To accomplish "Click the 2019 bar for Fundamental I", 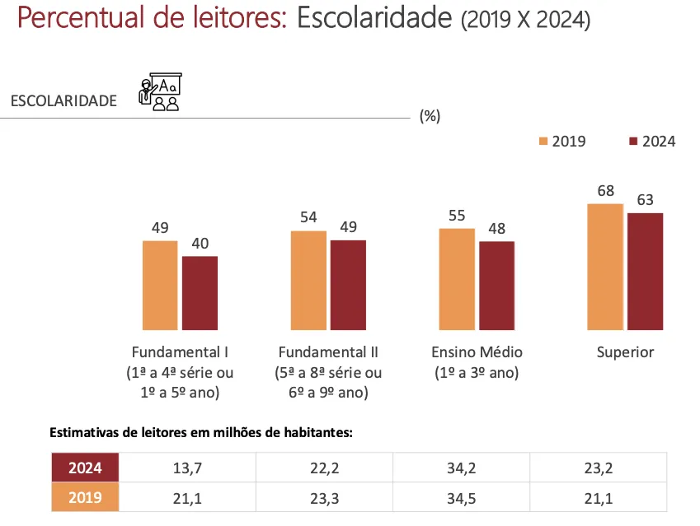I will [160, 285].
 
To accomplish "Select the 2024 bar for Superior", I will [645, 271].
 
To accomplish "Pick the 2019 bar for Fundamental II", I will [308, 280].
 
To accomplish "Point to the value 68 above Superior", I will [606, 191].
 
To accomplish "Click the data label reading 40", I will [200, 244].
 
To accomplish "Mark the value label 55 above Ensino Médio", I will [457, 216].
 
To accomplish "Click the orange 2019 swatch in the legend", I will [543, 142].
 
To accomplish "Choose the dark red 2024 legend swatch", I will [633, 142].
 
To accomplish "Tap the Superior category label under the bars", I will [625, 352].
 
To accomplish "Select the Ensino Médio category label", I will [477, 352].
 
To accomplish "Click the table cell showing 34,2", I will [462, 468].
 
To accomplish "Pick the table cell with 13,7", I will [188, 468].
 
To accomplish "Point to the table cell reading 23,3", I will [325, 497].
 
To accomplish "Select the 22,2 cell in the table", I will [325, 468].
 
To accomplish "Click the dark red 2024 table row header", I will [85, 468].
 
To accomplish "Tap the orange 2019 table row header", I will [85, 497].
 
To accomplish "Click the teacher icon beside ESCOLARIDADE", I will [160, 93].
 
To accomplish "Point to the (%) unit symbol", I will [430, 116].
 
